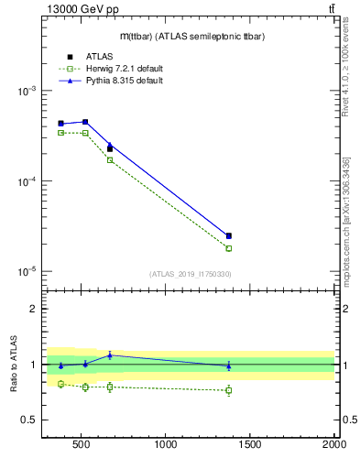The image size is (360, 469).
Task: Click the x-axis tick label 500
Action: tap(81, 445)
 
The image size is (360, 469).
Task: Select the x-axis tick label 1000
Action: tap(166, 445)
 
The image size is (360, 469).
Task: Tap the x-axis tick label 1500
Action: tap(250, 445)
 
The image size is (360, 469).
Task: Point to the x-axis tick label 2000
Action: tap(333, 445)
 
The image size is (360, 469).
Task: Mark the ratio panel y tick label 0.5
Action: tap(28, 420)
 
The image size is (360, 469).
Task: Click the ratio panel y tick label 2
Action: tap(33, 310)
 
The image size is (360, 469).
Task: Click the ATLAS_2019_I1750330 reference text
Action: tap(190, 274)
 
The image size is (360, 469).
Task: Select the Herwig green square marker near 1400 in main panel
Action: tap(229, 248)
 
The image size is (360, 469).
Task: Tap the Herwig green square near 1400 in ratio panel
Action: tap(229, 390)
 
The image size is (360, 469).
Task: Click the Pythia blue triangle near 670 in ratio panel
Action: tap(110, 355)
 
